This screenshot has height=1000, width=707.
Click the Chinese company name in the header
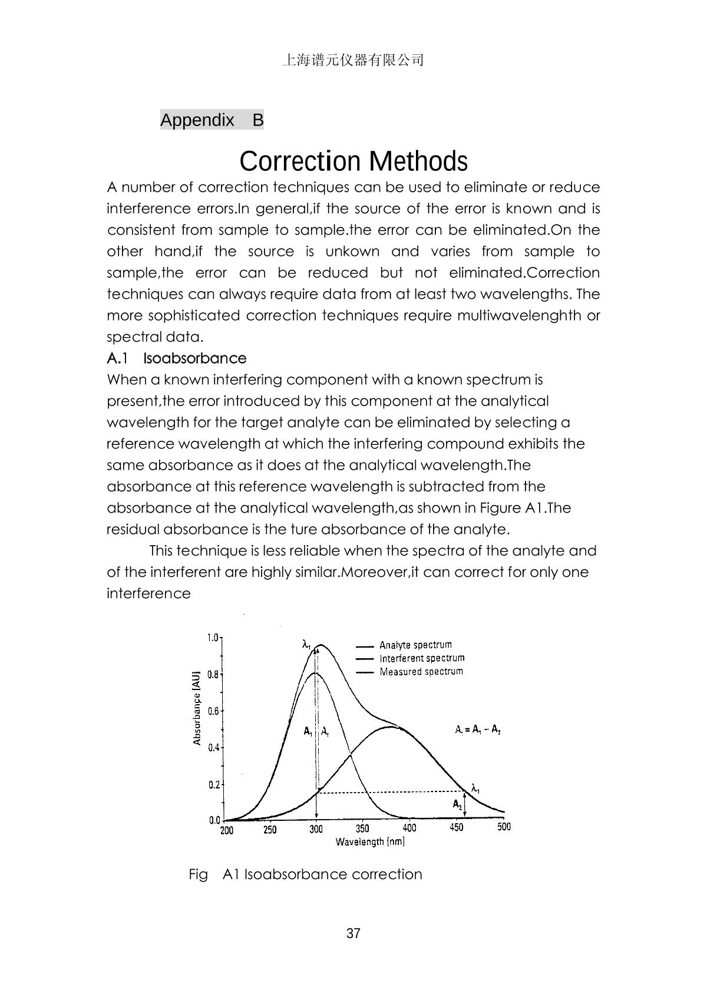click(x=353, y=60)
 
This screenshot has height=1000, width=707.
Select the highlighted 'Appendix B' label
click(x=212, y=120)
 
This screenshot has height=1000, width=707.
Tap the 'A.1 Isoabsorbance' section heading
click(x=176, y=358)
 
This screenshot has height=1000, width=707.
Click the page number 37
click(x=353, y=933)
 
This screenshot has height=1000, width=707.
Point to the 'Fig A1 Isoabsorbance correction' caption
click(x=305, y=874)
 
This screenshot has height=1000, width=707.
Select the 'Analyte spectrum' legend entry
click(x=415, y=645)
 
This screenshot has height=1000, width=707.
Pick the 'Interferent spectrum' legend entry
click(x=421, y=658)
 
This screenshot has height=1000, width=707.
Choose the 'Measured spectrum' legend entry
click(x=421, y=672)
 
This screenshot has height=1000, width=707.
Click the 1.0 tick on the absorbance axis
click(x=213, y=638)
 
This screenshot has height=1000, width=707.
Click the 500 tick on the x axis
click(x=504, y=827)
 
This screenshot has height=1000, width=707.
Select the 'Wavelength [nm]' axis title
click(x=370, y=841)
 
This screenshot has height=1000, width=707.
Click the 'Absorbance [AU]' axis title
click(x=197, y=708)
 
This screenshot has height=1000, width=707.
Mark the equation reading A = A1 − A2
click(x=477, y=730)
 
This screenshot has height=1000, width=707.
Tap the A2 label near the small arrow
click(x=457, y=804)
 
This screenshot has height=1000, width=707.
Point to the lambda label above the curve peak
click(x=306, y=645)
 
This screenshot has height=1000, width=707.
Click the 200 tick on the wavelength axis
click(x=226, y=830)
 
